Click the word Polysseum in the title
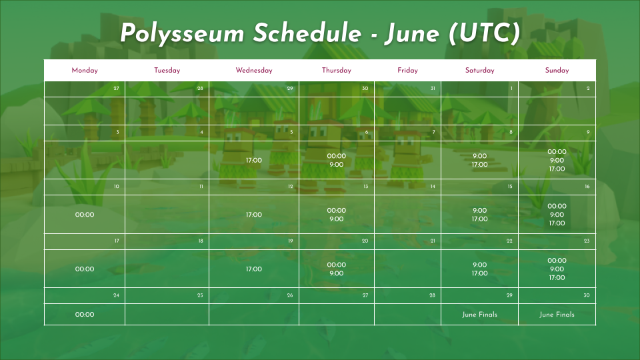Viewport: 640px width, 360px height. point(182,33)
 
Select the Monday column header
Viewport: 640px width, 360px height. point(85,70)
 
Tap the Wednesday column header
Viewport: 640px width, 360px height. point(254,70)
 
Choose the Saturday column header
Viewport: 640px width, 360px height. point(479,70)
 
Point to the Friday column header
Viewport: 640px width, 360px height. point(407,70)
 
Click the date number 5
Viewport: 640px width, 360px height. point(291,132)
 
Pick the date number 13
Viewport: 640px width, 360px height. point(366,187)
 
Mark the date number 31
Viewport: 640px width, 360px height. point(433,88)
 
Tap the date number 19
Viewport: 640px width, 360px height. point(290,241)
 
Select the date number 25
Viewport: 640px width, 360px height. point(200,295)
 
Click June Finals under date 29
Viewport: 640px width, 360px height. point(479,314)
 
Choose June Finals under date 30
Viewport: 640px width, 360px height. point(557,314)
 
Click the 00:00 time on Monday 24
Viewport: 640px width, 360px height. point(85,314)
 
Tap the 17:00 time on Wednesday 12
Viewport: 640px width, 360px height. point(254,215)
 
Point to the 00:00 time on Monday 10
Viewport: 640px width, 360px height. point(85,215)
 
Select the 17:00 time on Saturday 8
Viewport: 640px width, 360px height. point(479,165)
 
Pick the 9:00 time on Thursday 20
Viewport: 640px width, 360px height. point(336,273)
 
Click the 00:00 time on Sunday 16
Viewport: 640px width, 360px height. point(557,206)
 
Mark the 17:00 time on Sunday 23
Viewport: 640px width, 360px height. point(557,277)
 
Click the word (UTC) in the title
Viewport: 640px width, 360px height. point(484,33)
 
